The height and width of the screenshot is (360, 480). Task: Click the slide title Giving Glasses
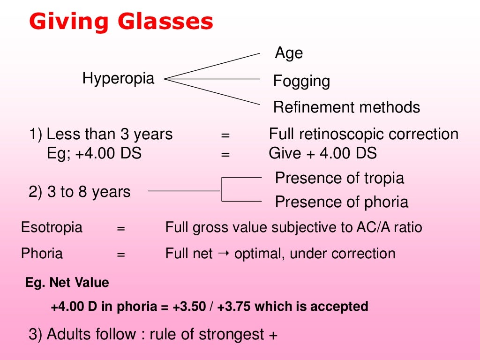(x=121, y=22)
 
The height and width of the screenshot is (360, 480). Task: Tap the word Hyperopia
(x=118, y=78)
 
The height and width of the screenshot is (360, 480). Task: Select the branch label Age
(x=289, y=53)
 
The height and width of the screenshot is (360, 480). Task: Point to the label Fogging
(x=301, y=82)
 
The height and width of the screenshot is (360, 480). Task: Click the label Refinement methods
(x=346, y=107)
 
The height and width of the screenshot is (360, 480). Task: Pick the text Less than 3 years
(x=109, y=135)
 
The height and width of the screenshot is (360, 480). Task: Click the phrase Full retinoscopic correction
(x=363, y=135)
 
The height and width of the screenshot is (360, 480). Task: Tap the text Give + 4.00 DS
(x=322, y=153)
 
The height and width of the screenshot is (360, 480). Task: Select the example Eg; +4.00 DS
(x=94, y=153)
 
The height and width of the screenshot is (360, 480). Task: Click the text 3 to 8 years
(x=89, y=192)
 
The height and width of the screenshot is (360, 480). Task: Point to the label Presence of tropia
(x=339, y=178)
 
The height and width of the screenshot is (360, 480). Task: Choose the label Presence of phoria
(x=341, y=202)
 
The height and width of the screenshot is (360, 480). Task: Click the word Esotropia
(x=52, y=228)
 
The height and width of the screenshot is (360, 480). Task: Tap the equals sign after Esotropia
(x=121, y=229)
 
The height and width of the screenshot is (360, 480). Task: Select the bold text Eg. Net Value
(x=67, y=283)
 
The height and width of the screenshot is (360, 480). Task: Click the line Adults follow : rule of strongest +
(x=153, y=335)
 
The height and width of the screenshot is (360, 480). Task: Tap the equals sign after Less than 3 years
(x=225, y=135)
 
